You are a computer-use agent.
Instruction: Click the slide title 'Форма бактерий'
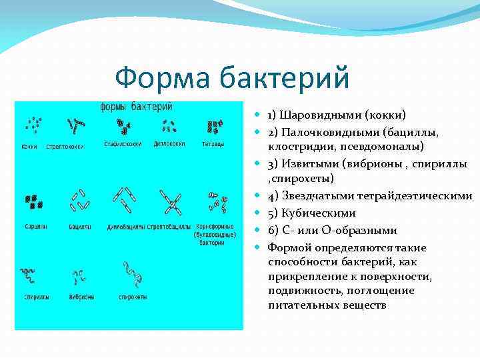coord(231,78)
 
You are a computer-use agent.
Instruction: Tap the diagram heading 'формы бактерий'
coord(136,107)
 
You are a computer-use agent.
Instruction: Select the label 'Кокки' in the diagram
coord(29,146)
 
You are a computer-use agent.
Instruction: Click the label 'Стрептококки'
coord(65,146)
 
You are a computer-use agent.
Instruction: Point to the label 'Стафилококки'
coord(123,144)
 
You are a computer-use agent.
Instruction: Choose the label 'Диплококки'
coord(169,143)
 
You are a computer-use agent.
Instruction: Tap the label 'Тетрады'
coord(213,144)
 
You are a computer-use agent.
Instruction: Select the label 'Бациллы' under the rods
coord(80,227)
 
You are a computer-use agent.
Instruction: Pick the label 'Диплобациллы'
coord(125,227)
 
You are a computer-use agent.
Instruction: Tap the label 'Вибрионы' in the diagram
coord(81,297)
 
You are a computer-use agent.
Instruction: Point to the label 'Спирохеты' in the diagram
coord(133,297)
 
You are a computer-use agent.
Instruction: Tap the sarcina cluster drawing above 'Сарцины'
coord(34,201)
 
